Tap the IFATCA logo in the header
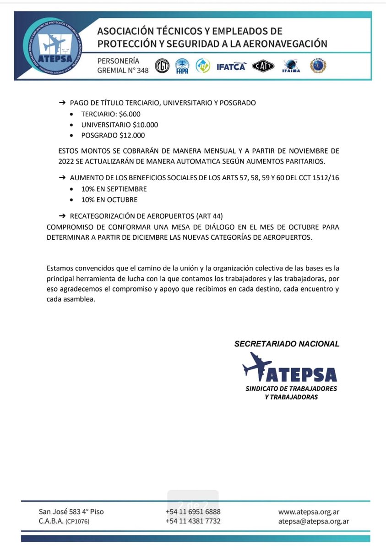click(x=231, y=66)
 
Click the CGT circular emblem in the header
click(x=162, y=66)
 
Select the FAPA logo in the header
click(x=182, y=66)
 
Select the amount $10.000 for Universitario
click(x=146, y=125)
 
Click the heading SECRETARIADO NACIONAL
click(x=287, y=344)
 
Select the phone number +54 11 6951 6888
click(x=193, y=511)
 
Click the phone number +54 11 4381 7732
click(x=193, y=521)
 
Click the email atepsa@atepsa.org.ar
click(x=314, y=521)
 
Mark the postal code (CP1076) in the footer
click(x=76, y=522)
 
